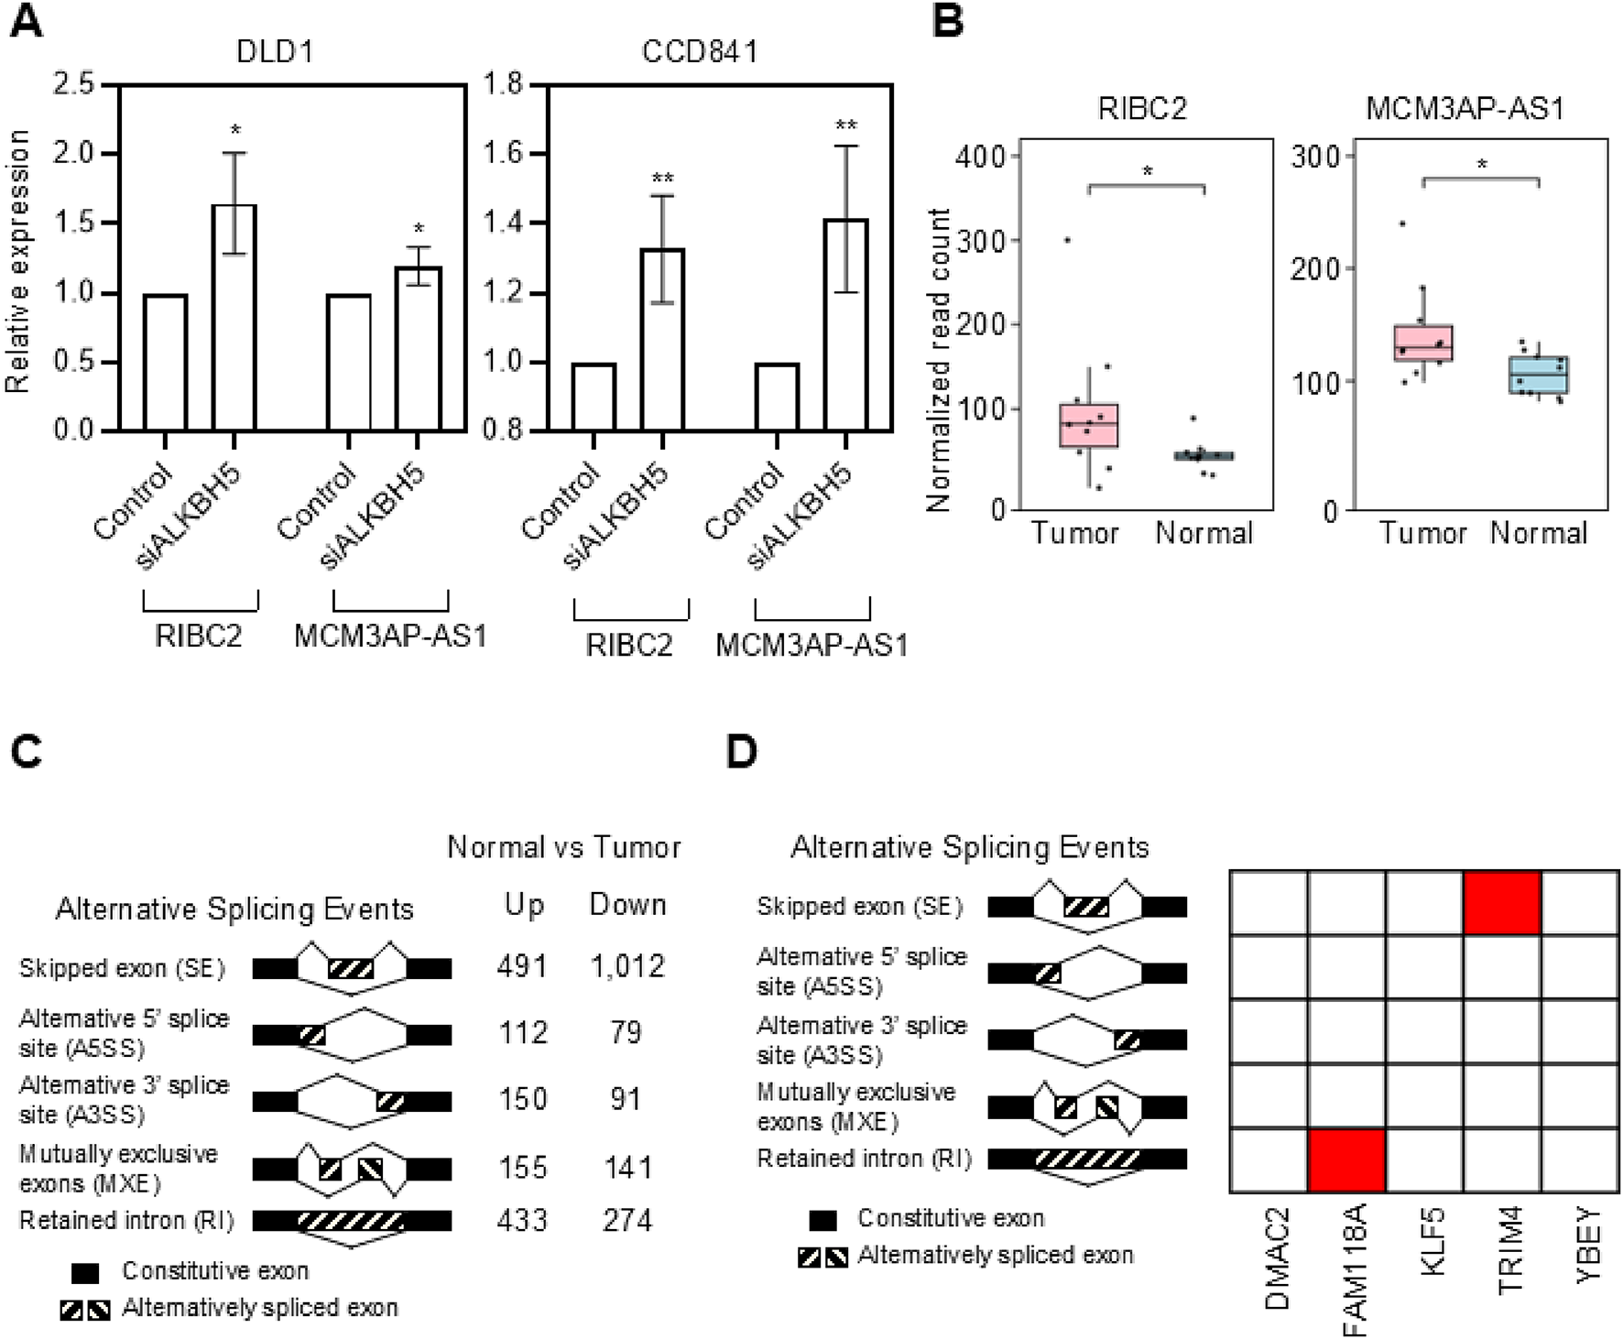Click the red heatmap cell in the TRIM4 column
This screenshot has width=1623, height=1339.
[1502, 903]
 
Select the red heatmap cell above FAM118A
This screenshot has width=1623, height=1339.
[1346, 1160]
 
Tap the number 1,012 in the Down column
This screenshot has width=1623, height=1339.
[627, 966]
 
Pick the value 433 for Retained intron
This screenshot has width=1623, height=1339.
[523, 1220]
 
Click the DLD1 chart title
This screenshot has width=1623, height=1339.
[275, 51]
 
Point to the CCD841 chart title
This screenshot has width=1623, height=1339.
[700, 51]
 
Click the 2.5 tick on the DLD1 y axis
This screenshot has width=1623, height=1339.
[74, 84]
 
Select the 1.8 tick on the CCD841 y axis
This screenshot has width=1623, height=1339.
[503, 84]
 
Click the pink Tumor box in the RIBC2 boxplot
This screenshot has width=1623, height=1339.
[1088, 425]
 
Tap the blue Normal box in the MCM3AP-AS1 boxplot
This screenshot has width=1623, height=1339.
[1539, 375]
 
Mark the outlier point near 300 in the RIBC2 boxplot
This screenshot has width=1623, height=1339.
[1067, 240]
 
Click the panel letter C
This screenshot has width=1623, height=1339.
[26, 752]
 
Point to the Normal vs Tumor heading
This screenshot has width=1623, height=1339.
[563, 847]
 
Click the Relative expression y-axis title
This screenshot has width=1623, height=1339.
[18, 261]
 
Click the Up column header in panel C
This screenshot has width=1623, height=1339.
[524, 905]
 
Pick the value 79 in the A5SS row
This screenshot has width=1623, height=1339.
[626, 1032]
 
